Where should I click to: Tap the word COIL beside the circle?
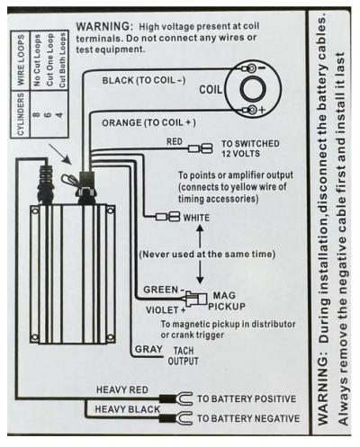click(211, 90)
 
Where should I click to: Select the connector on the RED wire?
click(200, 148)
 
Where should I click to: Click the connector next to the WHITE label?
click(167, 217)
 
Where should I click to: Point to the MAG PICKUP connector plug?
click(196, 299)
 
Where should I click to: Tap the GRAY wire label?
click(148, 349)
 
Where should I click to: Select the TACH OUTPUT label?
click(184, 356)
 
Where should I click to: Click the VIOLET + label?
click(166, 310)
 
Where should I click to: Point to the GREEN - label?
click(164, 290)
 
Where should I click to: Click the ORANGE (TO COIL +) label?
click(148, 123)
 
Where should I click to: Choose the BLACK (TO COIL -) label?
click(144, 80)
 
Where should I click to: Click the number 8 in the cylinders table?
click(37, 114)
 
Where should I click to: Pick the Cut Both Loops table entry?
click(62, 60)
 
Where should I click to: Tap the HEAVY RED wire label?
click(122, 389)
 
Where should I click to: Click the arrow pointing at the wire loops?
click(60, 155)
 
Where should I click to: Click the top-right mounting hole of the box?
click(111, 210)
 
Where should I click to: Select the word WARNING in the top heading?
click(104, 26)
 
